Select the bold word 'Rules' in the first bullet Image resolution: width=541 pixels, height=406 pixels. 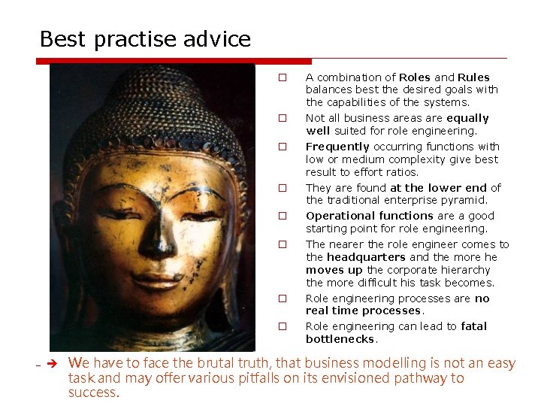pos(473,77)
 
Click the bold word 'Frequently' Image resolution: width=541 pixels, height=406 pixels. pos(337,147)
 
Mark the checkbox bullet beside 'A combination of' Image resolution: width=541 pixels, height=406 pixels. pos(283,77)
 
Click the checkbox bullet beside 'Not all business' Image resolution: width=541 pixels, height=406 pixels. pos(283,118)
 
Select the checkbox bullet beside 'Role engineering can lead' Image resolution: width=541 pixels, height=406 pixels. pos(283,326)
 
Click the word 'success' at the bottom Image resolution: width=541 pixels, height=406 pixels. pos(92,392)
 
